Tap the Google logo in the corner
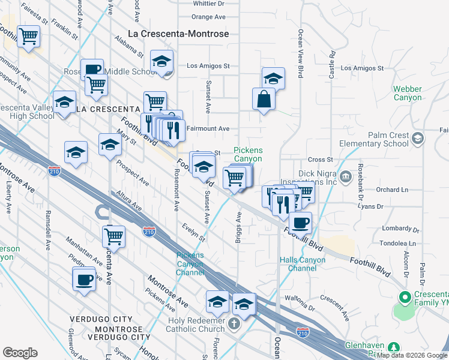[20, 353]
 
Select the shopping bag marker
[264, 100]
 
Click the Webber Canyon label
[408, 93]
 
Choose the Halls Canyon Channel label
[303, 264]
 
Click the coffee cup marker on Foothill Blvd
[301, 223]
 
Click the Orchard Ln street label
[392, 190]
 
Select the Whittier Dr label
[208, 3]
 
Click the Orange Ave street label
[208, 17]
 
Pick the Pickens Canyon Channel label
[190, 264]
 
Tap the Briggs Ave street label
[238, 223]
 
